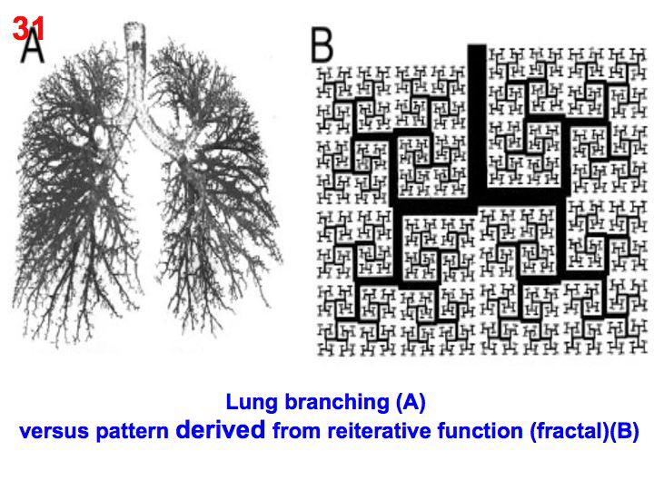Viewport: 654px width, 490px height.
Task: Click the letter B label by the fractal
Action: [x=322, y=44]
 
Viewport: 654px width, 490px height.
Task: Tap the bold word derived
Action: [x=220, y=431]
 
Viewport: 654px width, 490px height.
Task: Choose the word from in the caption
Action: [x=292, y=432]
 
